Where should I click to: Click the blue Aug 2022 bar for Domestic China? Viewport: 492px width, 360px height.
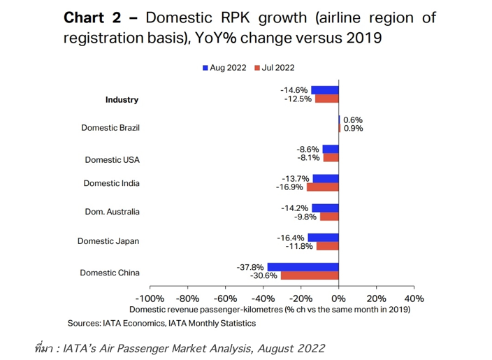click(303, 267)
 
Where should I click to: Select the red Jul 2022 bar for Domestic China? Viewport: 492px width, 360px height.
click(309, 276)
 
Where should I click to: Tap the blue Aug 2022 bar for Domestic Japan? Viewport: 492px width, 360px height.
click(323, 237)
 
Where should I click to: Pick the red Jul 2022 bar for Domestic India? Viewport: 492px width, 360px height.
click(322, 187)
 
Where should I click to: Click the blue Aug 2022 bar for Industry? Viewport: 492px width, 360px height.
click(324, 90)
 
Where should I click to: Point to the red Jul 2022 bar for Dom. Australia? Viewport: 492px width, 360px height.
click(329, 217)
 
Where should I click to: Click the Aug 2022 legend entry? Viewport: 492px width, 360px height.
click(224, 68)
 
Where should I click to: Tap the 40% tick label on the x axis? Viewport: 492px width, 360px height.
click(414, 298)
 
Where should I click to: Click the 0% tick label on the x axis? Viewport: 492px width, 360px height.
click(338, 298)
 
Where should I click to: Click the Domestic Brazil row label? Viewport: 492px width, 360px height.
click(110, 128)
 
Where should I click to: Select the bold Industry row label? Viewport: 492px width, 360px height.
click(122, 100)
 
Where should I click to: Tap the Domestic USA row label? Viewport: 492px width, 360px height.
click(112, 160)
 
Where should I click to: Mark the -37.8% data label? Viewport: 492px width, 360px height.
click(251, 267)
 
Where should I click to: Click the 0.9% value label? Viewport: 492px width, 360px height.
click(353, 129)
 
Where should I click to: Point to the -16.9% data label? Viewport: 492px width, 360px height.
click(290, 187)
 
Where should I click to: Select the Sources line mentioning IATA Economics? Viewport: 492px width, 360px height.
click(161, 323)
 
